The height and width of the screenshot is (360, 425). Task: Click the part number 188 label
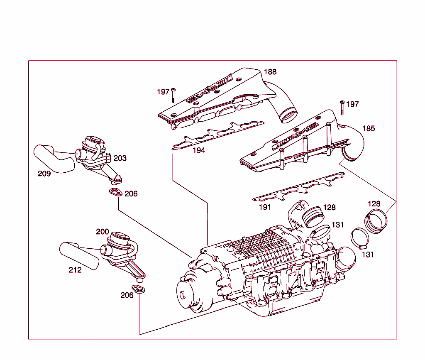[270, 72]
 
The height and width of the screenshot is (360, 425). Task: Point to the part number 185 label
[369, 128]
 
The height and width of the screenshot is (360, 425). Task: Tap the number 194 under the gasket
[199, 150]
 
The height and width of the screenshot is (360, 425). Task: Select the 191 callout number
[265, 207]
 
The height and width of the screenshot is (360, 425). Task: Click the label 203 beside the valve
[120, 158]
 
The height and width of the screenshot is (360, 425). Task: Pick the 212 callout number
[75, 270]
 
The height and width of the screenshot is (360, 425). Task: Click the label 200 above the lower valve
[102, 232]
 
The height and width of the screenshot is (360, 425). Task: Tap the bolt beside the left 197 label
[173, 95]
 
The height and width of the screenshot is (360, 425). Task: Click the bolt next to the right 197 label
[342, 108]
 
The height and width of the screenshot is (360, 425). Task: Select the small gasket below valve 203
[116, 192]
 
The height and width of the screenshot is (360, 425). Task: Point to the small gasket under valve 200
[138, 289]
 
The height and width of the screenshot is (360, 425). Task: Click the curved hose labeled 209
[53, 159]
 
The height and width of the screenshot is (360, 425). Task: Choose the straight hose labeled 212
[79, 256]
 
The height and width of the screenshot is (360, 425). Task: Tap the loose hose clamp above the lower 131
[360, 238]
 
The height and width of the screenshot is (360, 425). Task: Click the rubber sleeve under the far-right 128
[376, 220]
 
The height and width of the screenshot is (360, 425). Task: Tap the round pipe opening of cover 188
[288, 115]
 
